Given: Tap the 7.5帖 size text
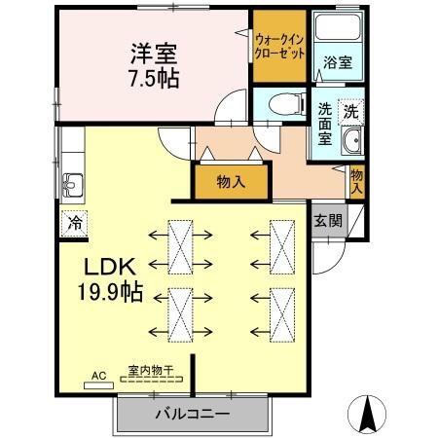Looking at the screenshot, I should pos(152,78).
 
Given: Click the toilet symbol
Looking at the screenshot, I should pos(283,101).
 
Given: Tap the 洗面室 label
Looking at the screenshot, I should pos(324,123).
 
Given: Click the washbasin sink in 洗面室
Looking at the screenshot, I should pos(351,142).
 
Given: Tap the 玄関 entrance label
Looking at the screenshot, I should pos(327,220).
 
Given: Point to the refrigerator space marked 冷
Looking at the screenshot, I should pos(75,221).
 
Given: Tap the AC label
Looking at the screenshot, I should pos(98,374).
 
